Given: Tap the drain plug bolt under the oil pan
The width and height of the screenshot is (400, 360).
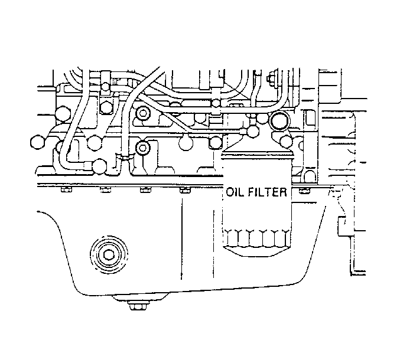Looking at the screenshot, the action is pyautogui.click(x=138, y=305).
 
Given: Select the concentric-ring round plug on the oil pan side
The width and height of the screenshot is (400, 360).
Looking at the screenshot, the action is pyautogui.click(x=109, y=254).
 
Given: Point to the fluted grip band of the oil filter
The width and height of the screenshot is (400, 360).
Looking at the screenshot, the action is pyautogui.click(x=256, y=238).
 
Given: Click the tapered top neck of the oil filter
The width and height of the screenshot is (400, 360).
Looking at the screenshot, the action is pyautogui.click(x=257, y=152).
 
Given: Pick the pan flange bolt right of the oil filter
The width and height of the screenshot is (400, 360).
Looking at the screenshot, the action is pyautogui.click(x=304, y=190).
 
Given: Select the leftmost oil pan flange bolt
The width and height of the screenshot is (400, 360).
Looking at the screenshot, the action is pyautogui.click(x=66, y=189).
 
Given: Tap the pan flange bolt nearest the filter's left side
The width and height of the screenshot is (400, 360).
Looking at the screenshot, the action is pyautogui.click(x=185, y=190).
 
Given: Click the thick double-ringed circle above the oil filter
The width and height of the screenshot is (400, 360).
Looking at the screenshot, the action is pyautogui.click(x=279, y=121).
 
